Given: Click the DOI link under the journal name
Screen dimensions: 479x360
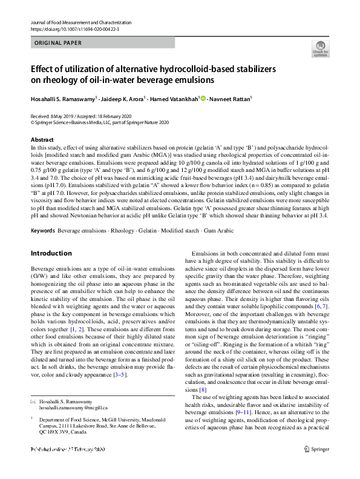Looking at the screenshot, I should (69, 28).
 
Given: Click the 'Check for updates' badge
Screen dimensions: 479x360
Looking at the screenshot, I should (320, 49).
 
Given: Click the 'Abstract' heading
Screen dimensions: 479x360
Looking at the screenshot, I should (41, 140).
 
